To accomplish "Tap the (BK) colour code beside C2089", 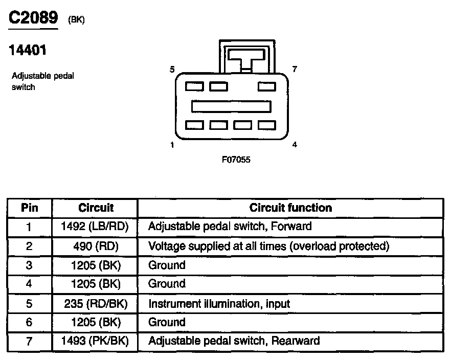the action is tap(76, 20).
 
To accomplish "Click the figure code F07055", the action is tap(236, 160).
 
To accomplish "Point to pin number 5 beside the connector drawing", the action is tap(172, 70).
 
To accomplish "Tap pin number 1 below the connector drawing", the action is tap(172, 145).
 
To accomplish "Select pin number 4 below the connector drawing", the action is tap(295, 145).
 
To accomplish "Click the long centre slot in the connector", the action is tap(231, 106).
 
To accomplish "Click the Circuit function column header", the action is tap(290, 208).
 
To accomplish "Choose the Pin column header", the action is tap(29, 208).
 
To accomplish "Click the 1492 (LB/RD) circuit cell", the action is tap(95, 226).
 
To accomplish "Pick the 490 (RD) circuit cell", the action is tap(95, 246).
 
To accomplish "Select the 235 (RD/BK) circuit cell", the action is tap(95, 304).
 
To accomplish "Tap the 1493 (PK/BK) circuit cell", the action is tap(95, 341).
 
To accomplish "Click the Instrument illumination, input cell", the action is tap(219, 304).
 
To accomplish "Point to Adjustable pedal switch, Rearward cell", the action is tap(234, 341).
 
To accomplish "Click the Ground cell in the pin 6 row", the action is tap(167, 322).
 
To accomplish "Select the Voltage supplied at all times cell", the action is tap(268, 246).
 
